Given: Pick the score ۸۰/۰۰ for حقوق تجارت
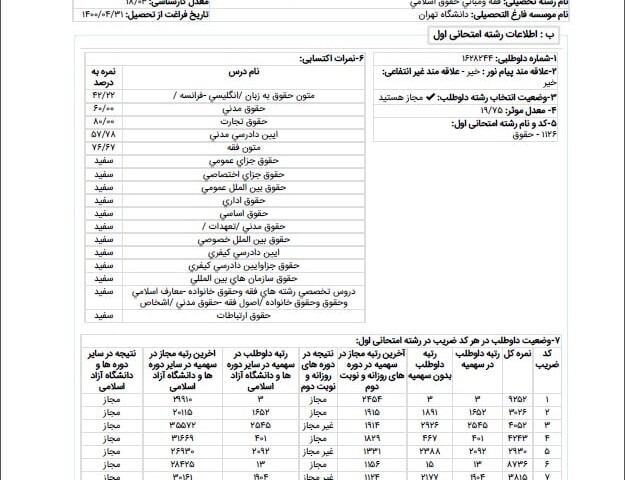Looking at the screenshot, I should click(x=103, y=119).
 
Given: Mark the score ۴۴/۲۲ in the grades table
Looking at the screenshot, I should click(x=103, y=92).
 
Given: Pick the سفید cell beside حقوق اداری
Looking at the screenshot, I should click(x=103, y=200).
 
